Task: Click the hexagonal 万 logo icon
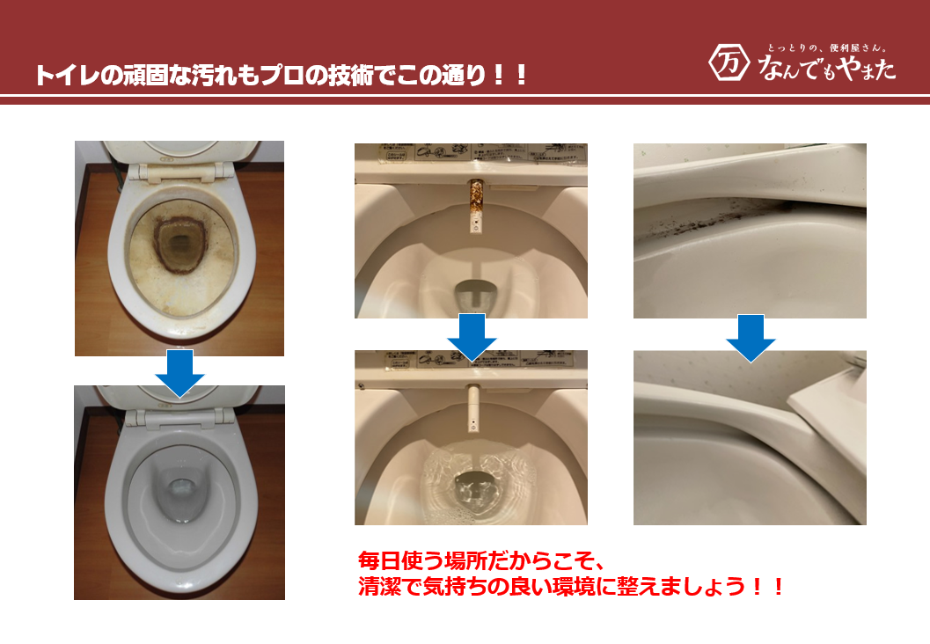[727, 62]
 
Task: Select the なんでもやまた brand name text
[826, 66]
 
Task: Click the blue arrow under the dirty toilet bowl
[179, 372]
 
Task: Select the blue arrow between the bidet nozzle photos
[472, 336]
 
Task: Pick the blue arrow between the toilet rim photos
[750, 337]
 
